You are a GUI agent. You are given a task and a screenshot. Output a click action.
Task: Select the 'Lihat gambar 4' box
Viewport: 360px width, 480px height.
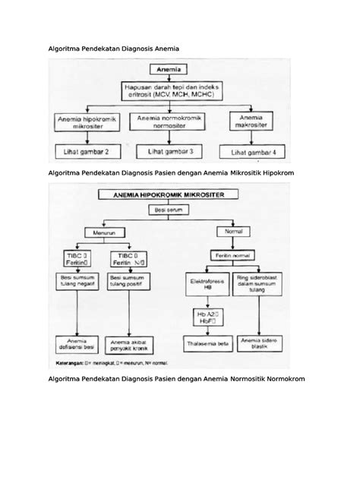(251, 153)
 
